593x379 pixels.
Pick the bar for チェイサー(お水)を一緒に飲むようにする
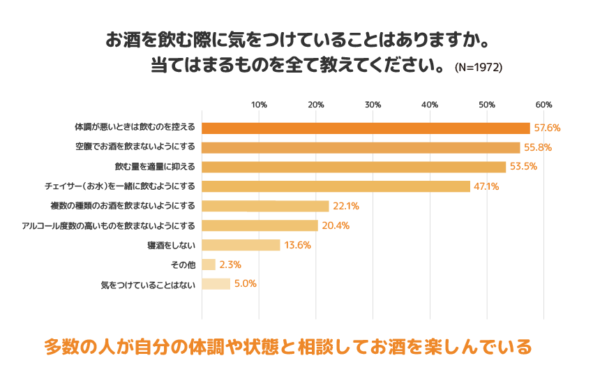[x=336, y=186]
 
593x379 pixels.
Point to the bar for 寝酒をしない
[x=241, y=245]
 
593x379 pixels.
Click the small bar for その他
[x=209, y=265]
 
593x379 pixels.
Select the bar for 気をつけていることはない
[x=216, y=284]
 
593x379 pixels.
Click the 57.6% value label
[x=546, y=128]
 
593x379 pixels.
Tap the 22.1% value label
[x=345, y=206]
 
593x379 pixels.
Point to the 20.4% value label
[x=336, y=225]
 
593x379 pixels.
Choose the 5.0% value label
[x=245, y=284]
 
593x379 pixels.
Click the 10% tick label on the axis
[x=259, y=104]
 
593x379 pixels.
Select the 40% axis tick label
[x=430, y=104]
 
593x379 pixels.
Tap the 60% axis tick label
[x=543, y=104]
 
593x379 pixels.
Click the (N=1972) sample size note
[x=478, y=68]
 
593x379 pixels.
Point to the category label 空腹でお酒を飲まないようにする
[x=135, y=147]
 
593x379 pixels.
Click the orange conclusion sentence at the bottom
[x=287, y=345]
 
